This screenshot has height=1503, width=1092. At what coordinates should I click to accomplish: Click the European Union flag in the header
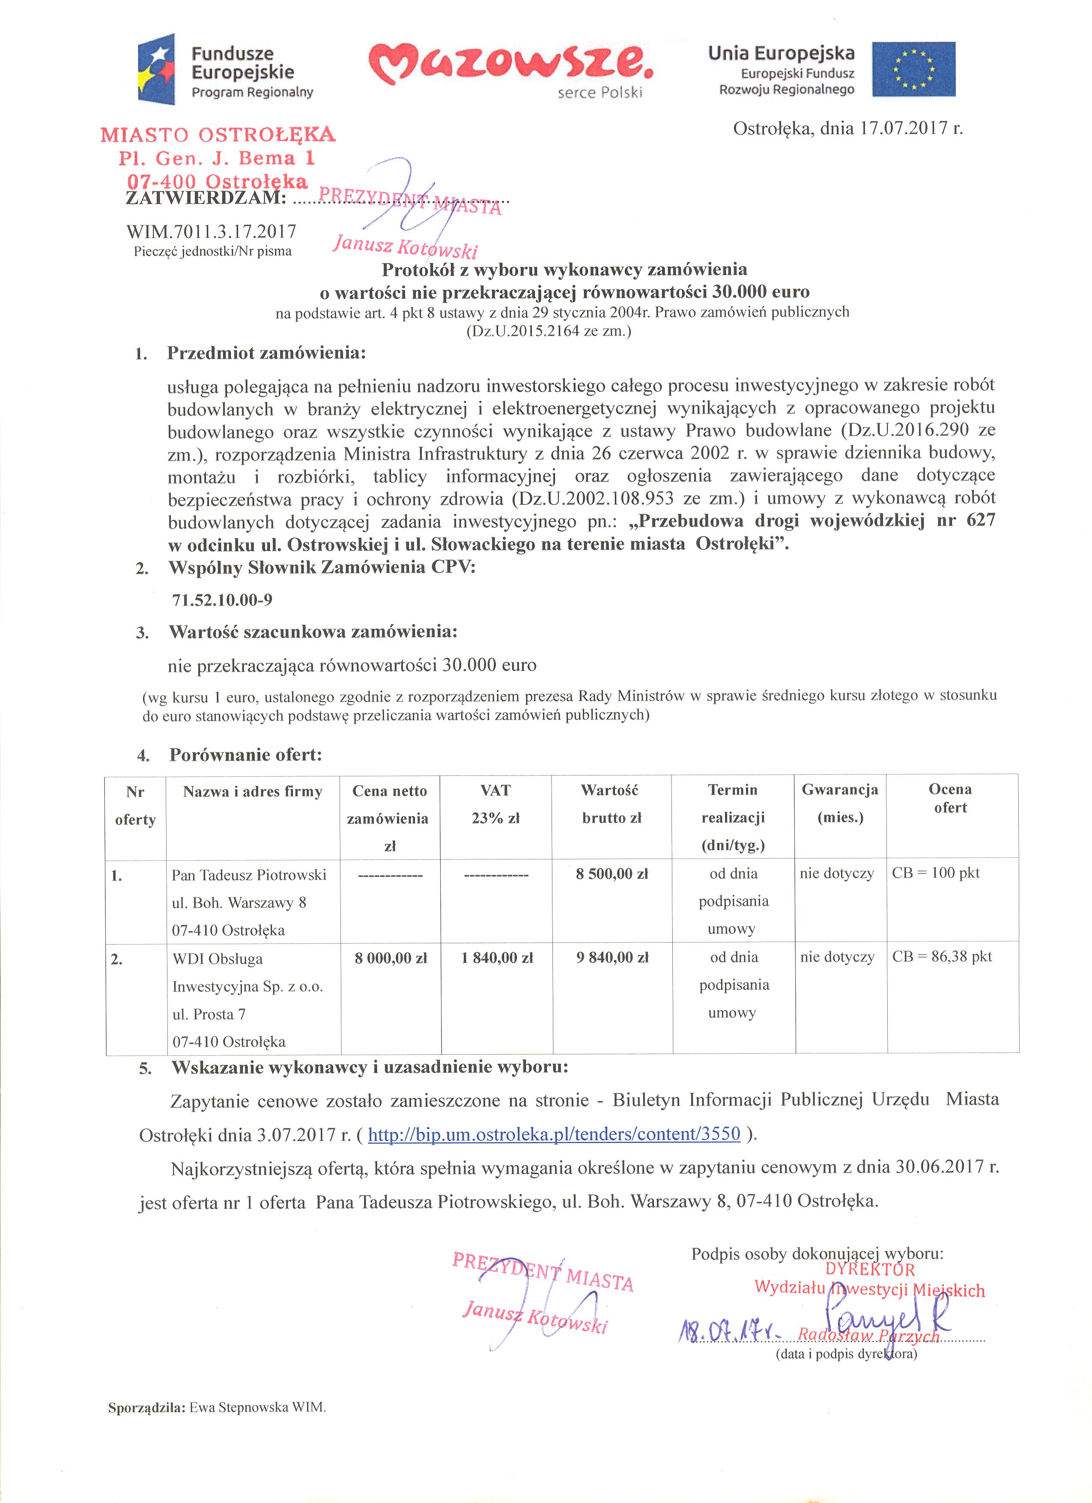click(x=914, y=68)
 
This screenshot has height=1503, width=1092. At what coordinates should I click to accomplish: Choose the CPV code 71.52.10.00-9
click(x=222, y=600)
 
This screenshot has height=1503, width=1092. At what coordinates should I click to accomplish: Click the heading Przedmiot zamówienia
click(x=266, y=353)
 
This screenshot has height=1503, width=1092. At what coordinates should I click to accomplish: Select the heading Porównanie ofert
click(x=246, y=755)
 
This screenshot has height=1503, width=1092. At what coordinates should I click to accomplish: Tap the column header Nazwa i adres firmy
click(x=253, y=791)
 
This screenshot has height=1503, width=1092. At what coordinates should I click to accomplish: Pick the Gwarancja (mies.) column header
click(x=839, y=803)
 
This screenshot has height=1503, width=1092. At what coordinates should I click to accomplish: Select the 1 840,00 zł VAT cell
click(x=497, y=957)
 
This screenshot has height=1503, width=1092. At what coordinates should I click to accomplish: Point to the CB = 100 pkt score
click(x=936, y=873)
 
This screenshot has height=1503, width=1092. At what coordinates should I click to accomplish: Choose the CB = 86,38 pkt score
click(x=942, y=956)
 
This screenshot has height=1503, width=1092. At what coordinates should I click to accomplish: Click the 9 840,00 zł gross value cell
click(x=612, y=957)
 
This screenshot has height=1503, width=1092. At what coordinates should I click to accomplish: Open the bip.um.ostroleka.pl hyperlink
click(x=554, y=1134)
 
